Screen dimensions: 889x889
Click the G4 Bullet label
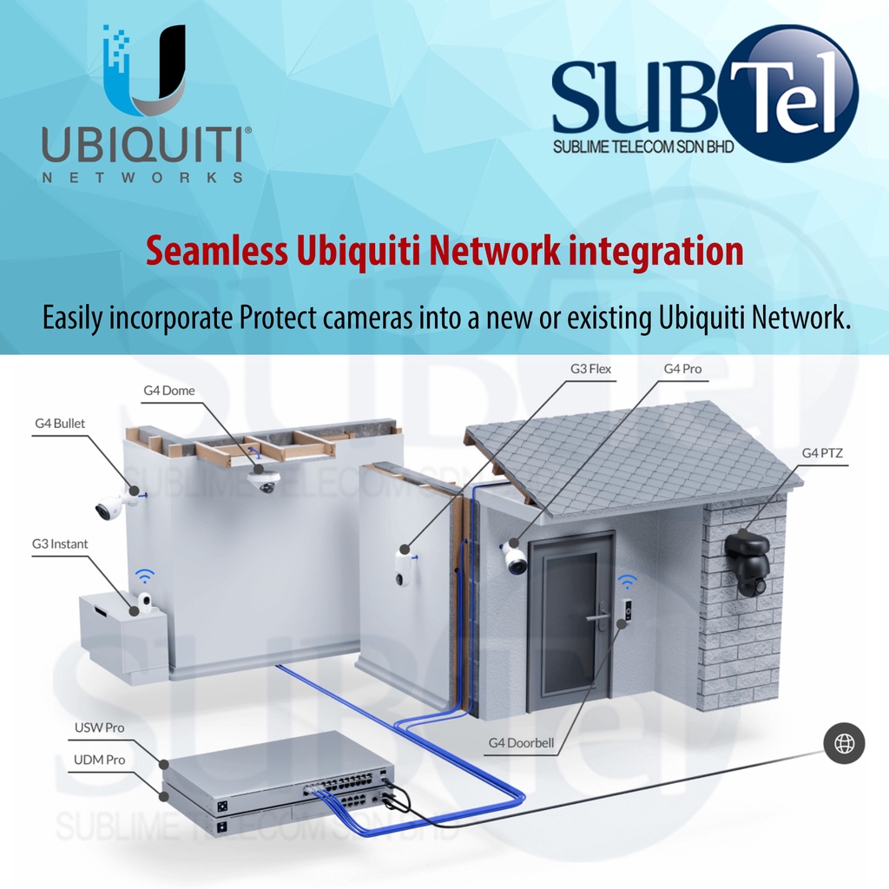click(x=60, y=424)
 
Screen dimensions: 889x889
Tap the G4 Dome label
click(x=169, y=391)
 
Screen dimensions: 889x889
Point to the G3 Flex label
click(x=590, y=369)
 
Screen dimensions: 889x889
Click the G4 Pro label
click(x=682, y=369)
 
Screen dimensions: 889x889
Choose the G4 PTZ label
click(x=822, y=452)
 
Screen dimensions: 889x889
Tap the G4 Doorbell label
click(x=521, y=743)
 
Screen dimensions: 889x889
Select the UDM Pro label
click(x=99, y=760)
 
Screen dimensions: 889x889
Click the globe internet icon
click(x=844, y=743)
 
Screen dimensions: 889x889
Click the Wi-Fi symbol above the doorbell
click(x=627, y=582)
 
